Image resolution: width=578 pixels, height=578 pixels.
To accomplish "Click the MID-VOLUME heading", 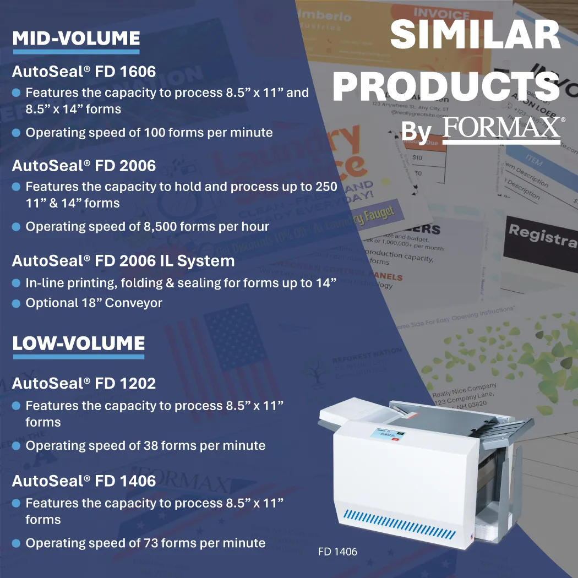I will tap(76, 39).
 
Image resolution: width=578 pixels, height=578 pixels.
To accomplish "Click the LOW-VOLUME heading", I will tap(78, 343).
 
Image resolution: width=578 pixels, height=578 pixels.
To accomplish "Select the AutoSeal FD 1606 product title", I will tap(84, 72).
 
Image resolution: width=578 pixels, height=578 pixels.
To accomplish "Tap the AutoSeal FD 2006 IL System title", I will tap(123, 261).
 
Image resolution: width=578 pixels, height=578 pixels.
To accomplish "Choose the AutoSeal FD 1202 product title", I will tap(84, 383).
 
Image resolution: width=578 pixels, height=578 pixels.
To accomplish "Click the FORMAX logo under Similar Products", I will tap(501, 130).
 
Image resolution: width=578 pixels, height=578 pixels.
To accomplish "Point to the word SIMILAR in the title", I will tap(476, 35).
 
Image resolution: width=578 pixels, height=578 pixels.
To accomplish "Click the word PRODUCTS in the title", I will tap(446, 86).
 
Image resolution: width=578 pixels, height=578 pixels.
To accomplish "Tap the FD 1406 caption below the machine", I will tap(337, 552).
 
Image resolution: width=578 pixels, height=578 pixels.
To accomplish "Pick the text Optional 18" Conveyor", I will tap(94, 303).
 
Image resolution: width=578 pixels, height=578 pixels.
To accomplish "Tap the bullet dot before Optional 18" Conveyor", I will tap(16, 303).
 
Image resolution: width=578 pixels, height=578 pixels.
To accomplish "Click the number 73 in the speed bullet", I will tap(152, 543).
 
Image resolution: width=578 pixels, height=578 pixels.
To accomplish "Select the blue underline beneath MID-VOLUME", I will tap(76, 52).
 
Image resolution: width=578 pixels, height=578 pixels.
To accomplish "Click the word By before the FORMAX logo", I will tap(416, 133).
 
